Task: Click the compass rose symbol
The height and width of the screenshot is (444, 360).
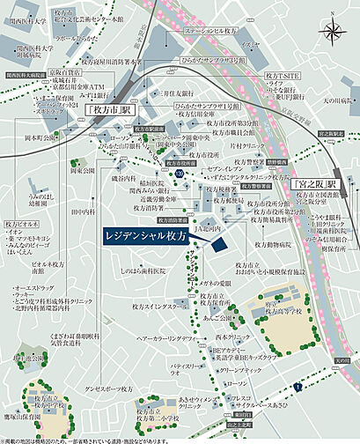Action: pyautogui.click(x=334, y=33)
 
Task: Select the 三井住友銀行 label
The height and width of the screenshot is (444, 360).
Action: pyautogui.click(x=179, y=91)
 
